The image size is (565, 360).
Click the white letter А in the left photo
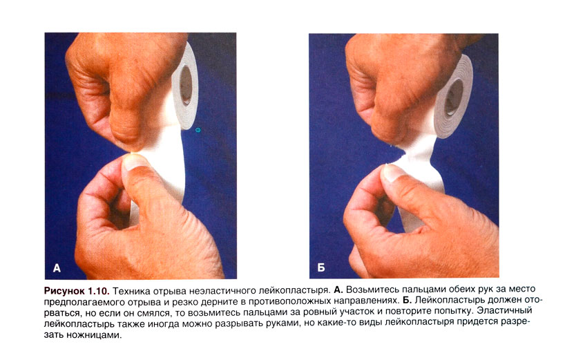[x=57, y=268]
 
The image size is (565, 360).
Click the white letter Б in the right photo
[x=321, y=267]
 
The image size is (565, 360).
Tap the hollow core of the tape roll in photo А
[x=186, y=86]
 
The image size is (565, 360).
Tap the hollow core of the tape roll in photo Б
[x=454, y=97]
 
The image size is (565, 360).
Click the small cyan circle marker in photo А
[x=198, y=130]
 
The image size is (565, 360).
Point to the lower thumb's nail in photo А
[x=135, y=161]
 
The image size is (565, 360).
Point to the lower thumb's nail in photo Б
[x=392, y=171]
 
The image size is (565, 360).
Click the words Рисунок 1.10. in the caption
[x=77, y=290]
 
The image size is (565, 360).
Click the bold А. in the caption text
[x=338, y=290]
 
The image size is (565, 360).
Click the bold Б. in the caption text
[x=406, y=300]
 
